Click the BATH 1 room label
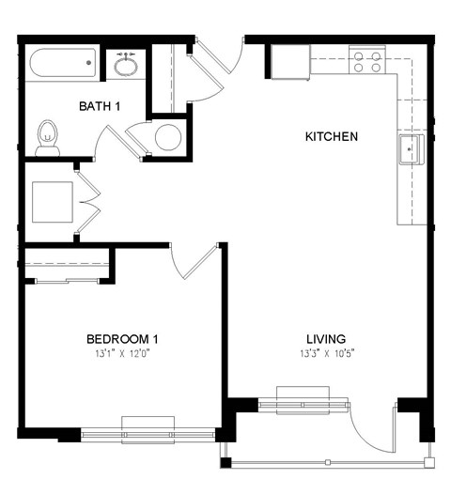tap(100, 106)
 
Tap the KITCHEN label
tap(331, 137)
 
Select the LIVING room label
tap(326, 339)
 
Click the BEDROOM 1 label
tap(122, 339)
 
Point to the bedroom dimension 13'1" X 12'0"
tap(122, 354)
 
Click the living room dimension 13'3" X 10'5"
tap(326, 354)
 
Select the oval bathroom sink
tap(126, 66)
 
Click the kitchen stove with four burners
tap(366, 62)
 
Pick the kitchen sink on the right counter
tap(411, 148)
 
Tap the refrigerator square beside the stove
tap(291, 63)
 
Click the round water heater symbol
tap(167, 138)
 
